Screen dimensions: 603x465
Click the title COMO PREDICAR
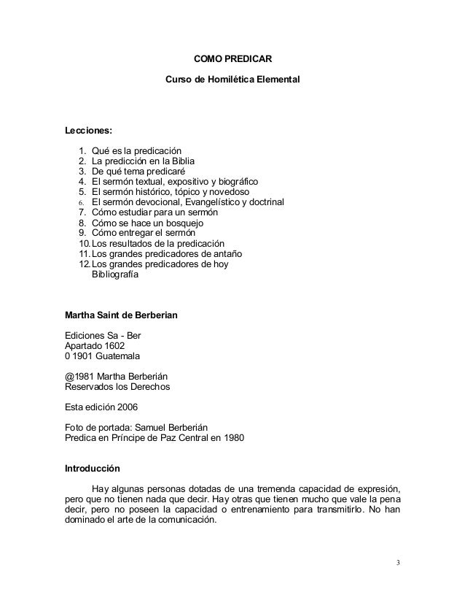point(232,58)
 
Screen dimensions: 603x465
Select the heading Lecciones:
point(89,131)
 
